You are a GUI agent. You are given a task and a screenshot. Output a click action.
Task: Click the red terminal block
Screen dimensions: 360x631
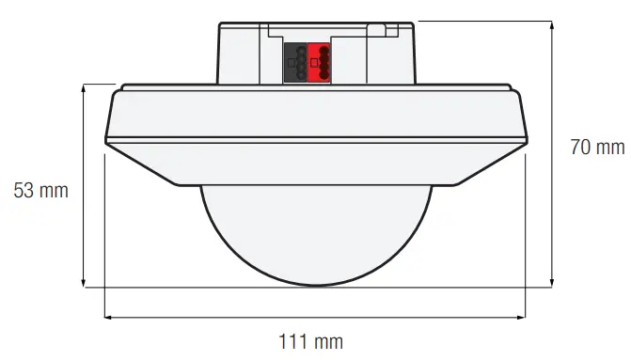[319, 62]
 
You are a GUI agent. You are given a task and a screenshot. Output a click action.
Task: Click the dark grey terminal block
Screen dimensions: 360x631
[295, 62]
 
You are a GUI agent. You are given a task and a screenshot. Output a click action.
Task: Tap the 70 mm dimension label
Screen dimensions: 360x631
[596, 147]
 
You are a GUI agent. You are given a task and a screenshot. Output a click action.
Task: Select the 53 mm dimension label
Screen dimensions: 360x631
[40, 191]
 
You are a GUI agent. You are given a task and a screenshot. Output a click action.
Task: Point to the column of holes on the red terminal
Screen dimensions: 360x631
[324, 62]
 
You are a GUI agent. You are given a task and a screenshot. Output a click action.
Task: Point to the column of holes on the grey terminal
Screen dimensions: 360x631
[301, 62]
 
